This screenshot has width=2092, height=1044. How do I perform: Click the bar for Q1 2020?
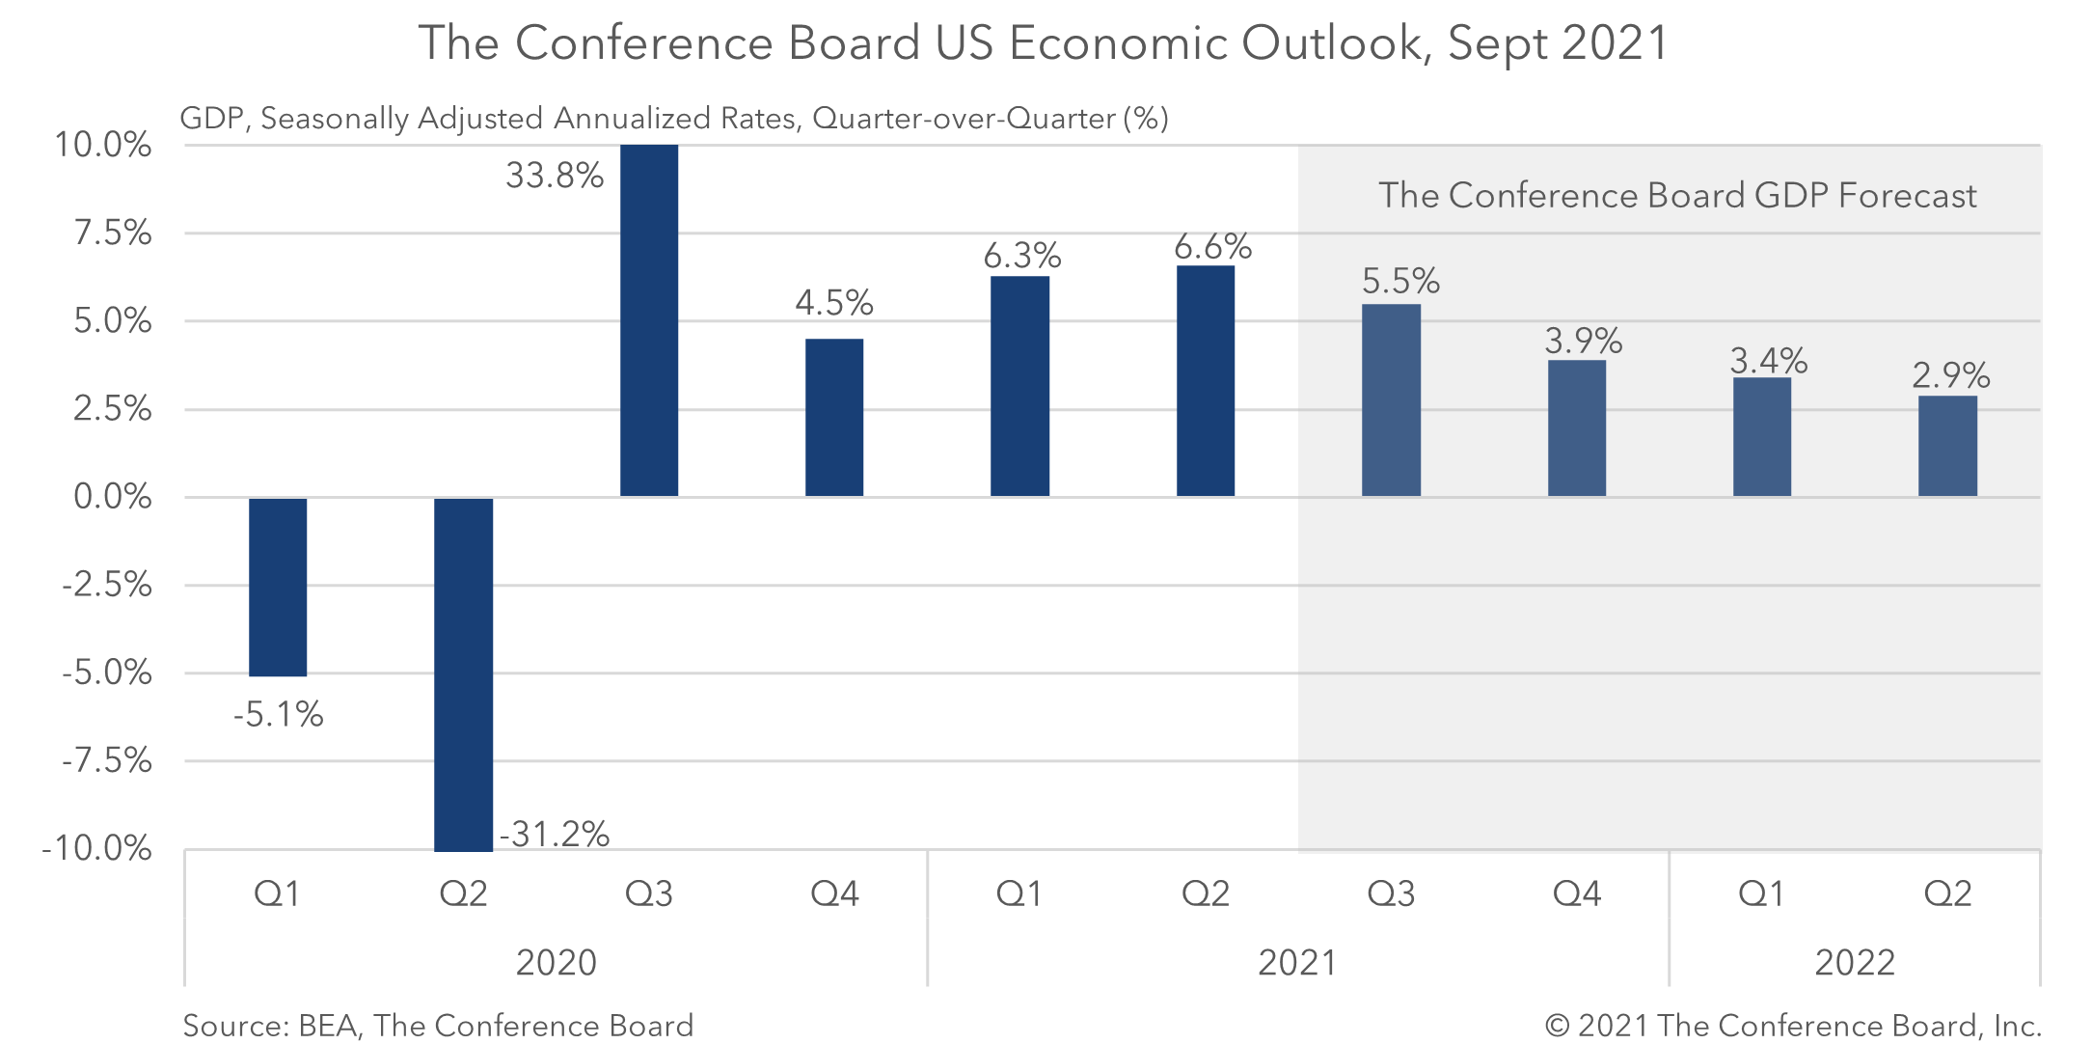pyautogui.click(x=278, y=587)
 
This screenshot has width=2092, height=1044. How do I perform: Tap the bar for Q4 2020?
pyautogui.click(x=834, y=417)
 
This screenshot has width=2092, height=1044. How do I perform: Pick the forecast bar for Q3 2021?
pyautogui.click(x=1391, y=399)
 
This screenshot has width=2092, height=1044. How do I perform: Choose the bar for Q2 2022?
pyautogui.click(x=1947, y=445)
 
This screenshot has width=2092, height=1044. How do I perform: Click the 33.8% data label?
pyautogui.click(x=555, y=176)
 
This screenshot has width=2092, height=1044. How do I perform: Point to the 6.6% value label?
pyautogui.click(x=1212, y=247)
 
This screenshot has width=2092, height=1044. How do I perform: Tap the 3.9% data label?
pyautogui.click(x=1584, y=341)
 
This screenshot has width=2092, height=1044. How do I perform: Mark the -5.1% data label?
pyautogui.click(x=278, y=715)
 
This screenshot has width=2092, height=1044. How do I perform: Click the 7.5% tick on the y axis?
pyautogui.click(x=113, y=233)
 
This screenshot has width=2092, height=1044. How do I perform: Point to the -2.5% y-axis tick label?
pyautogui.click(x=107, y=585)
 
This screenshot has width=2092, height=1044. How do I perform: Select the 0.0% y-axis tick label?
pyautogui.click(x=113, y=497)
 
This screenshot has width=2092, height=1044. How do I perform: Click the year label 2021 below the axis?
pyautogui.click(x=1297, y=962)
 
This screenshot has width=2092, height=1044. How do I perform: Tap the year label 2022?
pyautogui.click(x=1855, y=962)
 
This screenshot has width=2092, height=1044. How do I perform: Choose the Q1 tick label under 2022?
pyautogui.click(x=1761, y=893)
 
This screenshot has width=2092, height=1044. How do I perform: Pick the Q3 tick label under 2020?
pyautogui.click(x=648, y=893)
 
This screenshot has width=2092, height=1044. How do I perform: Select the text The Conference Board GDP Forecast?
pyautogui.click(x=1677, y=195)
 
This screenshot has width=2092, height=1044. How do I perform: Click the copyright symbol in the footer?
pyautogui.click(x=1557, y=1025)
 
